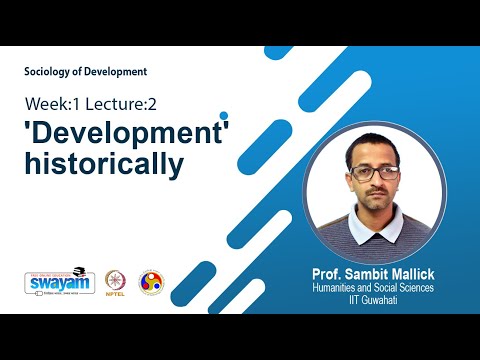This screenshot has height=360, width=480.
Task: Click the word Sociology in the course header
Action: point(50,71)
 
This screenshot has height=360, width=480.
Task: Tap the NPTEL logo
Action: point(116,281)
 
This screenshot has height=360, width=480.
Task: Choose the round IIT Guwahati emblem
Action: point(151,281)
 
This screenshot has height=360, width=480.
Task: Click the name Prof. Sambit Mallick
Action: point(374,273)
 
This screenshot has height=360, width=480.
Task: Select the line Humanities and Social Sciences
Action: point(374,287)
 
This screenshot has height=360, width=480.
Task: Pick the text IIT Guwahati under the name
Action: point(374,298)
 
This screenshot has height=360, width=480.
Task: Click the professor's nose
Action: point(373,185)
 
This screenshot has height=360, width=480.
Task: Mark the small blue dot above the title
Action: point(224,116)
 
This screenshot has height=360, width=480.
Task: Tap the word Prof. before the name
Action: point(326,273)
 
